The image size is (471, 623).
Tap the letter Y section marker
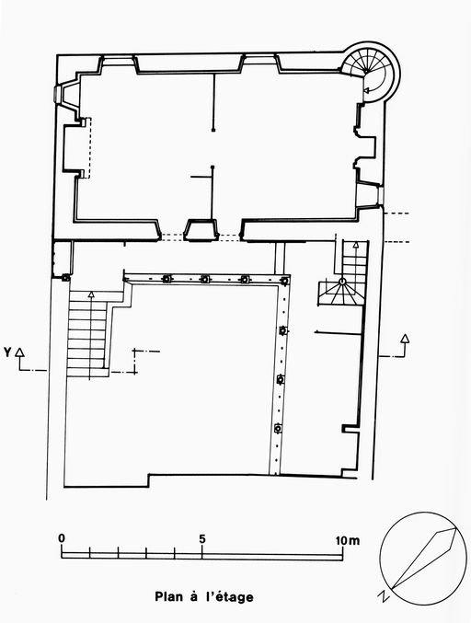click(x=7, y=352)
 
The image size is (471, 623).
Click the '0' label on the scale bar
click(x=62, y=538)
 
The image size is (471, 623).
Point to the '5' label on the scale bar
click(x=202, y=539)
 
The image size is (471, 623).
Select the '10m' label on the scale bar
click(x=348, y=540)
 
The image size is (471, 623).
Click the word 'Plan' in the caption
click(x=170, y=597)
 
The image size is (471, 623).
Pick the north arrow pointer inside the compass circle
click(x=424, y=558)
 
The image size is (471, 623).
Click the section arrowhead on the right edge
click(x=404, y=338)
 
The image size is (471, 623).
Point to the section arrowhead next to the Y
click(x=20, y=352)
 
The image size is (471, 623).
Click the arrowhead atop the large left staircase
click(x=91, y=294)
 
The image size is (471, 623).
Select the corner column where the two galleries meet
click(x=284, y=281)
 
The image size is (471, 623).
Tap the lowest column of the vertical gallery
click(x=278, y=428)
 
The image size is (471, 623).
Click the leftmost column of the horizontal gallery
click(x=167, y=279)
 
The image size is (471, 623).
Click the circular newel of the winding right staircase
click(x=342, y=282)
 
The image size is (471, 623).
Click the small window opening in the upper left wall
click(x=57, y=95)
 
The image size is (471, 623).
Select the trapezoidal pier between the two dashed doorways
click(x=201, y=230)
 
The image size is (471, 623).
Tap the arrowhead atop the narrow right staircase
click(x=355, y=245)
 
